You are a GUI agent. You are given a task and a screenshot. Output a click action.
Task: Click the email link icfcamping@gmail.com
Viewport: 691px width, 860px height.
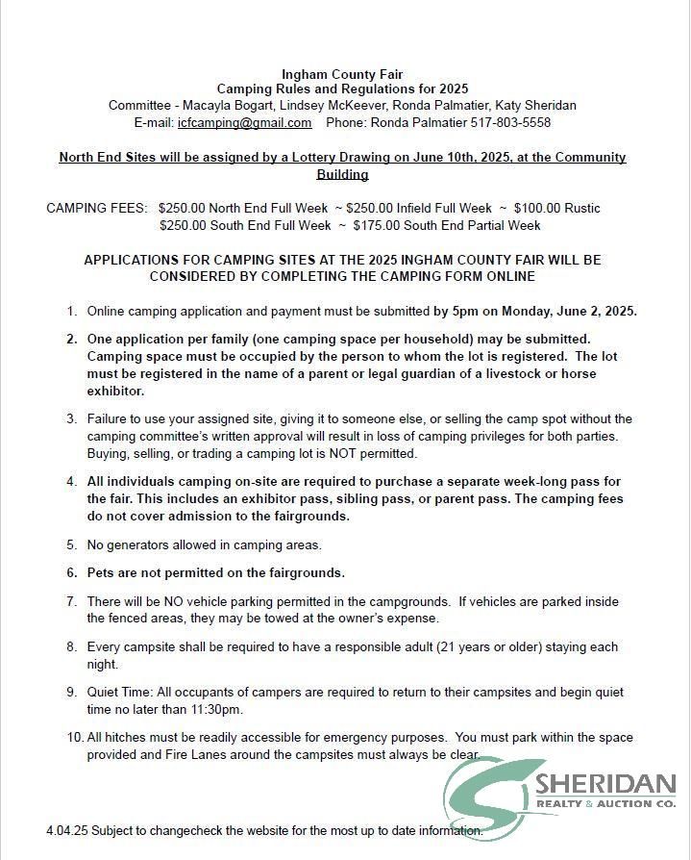[244, 123]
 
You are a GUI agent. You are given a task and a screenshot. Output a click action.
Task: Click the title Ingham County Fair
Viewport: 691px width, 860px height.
[342, 74]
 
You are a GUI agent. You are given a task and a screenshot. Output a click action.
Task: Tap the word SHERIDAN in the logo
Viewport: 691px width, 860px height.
[606, 783]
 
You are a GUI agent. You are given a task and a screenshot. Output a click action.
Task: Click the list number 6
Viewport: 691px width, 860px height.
[72, 572]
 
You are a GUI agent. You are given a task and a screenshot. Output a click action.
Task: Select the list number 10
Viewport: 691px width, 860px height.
[74, 738]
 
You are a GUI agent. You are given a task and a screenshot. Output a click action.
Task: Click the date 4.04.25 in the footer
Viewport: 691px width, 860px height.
[66, 830]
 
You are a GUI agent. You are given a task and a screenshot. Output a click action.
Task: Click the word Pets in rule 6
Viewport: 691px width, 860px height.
[101, 572]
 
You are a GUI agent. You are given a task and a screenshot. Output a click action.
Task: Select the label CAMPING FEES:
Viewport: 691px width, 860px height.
[97, 208]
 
